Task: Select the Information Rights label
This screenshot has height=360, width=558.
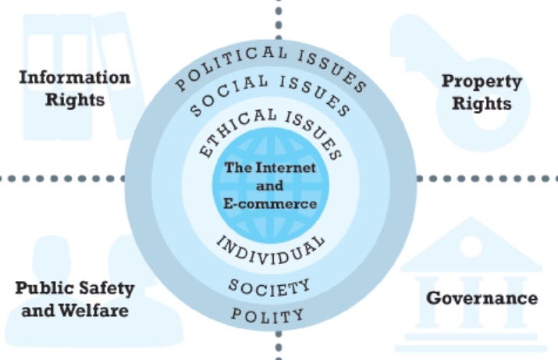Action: point(74,88)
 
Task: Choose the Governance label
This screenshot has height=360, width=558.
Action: point(482,298)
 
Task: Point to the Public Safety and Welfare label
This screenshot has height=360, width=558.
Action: point(75,299)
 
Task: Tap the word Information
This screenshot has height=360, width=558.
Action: point(74,78)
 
